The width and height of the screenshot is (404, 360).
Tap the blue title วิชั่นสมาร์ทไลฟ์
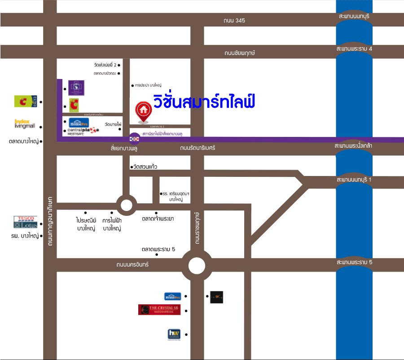(204, 102)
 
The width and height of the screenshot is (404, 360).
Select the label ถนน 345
(234, 21)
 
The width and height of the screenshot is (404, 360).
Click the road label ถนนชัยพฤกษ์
(240, 53)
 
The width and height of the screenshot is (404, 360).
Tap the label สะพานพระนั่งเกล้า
(354, 146)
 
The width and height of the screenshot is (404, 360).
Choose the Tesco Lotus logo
(26, 222)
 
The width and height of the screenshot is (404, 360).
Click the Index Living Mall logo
(25, 124)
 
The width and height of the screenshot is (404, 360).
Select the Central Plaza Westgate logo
(83, 131)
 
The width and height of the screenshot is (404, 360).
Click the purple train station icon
(134, 138)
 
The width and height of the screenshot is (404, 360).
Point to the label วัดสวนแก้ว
(145, 167)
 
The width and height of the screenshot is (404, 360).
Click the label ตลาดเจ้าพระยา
(158, 219)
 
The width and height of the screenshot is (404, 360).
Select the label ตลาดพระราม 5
(158, 249)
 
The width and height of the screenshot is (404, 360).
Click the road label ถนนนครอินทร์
(132, 265)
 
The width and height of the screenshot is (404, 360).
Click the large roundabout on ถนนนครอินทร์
(197, 266)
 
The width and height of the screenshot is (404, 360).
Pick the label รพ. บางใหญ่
(25, 236)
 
